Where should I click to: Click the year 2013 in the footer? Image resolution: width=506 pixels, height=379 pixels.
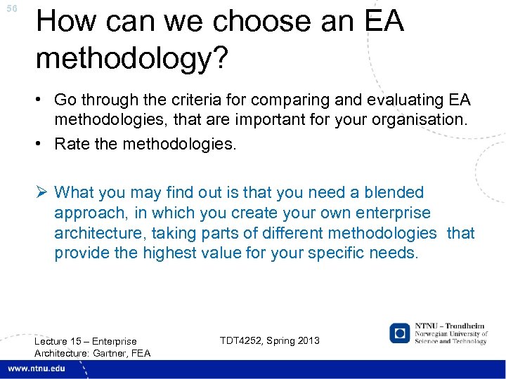[307, 340]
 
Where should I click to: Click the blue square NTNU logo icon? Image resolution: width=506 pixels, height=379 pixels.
[400, 333]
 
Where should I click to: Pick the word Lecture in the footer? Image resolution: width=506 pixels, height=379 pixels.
[53, 341]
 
